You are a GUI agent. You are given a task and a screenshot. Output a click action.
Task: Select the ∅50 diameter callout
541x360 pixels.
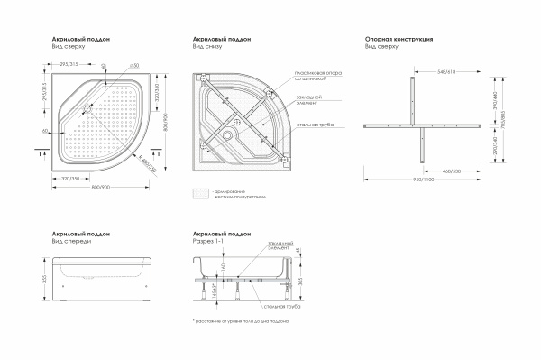tap(133, 65)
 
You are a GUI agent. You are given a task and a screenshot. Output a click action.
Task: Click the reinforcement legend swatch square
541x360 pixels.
tap(198, 192)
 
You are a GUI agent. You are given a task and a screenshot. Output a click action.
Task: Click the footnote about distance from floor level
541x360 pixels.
tap(238, 320)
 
